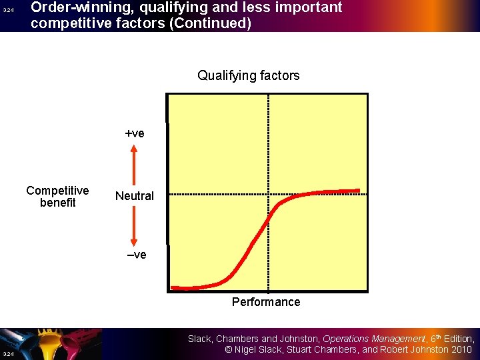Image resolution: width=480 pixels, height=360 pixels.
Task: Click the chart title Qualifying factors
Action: click(248, 75)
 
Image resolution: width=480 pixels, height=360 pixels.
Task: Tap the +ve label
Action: click(135, 133)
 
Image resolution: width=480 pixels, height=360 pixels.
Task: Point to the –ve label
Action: click(135, 255)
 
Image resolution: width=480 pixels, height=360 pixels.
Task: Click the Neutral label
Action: click(134, 195)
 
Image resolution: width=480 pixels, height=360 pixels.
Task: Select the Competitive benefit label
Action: click(57, 197)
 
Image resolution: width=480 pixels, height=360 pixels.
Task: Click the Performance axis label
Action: click(265, 302)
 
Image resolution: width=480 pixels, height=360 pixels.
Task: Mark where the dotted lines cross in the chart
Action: click(268, 194)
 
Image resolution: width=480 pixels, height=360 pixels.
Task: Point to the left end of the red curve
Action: click(173, 288)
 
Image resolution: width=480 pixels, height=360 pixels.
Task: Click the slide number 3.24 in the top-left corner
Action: click(8, 11)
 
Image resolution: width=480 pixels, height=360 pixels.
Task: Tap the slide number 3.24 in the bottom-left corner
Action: click(8, 353)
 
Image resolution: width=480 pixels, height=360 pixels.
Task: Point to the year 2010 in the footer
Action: click(461, 350)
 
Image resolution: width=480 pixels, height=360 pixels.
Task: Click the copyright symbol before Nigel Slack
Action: click(229, 350)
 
